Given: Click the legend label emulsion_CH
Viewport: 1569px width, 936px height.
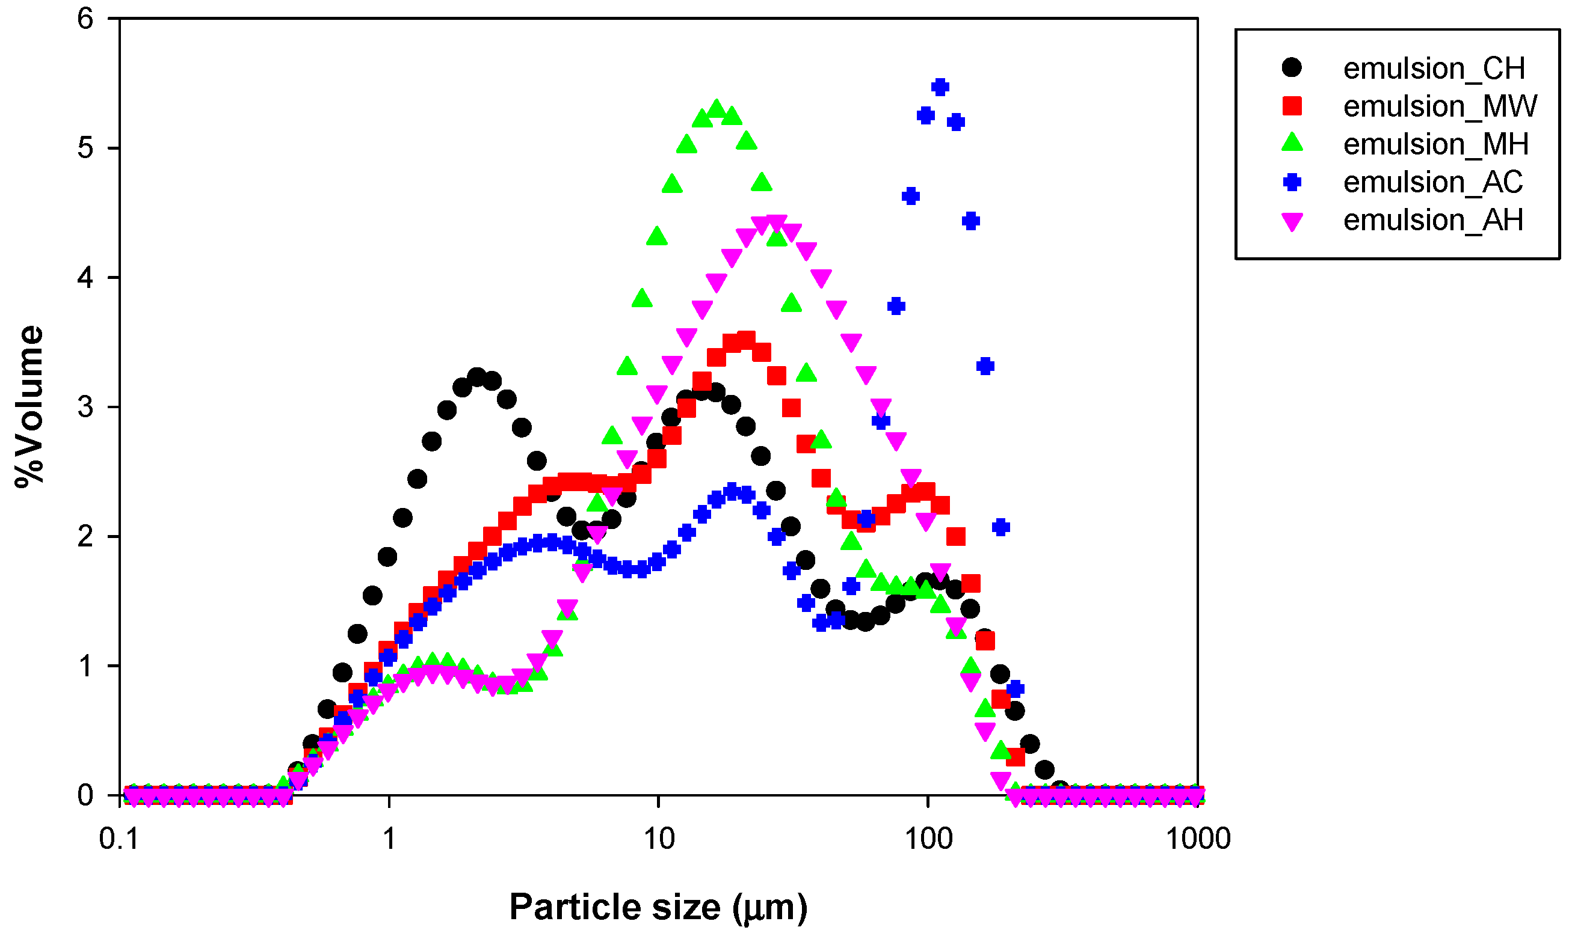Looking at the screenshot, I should pos(1433,68).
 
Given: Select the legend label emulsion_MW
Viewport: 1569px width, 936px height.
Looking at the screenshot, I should pos(1440,106).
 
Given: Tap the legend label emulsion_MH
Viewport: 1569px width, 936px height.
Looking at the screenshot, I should pos(1435,144).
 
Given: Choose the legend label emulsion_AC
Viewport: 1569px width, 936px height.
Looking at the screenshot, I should pos(1432,182).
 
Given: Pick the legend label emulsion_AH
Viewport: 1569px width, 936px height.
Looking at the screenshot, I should pos(1432,219).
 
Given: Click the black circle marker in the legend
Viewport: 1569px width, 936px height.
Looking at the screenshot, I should pos(1291,67).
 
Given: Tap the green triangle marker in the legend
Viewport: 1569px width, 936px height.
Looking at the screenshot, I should pos(1292,142).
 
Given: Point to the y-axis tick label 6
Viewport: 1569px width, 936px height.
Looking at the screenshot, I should pos(85,19).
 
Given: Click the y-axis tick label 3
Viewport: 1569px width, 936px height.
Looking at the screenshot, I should pos(85,408).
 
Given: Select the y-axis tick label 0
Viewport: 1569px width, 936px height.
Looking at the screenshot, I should pos(85,795).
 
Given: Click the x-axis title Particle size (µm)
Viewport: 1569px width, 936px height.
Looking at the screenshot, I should pos(658,908).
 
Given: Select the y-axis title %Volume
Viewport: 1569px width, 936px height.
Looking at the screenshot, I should pos(29,407).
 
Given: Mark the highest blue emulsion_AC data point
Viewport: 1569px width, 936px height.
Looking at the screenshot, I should pos(940,87).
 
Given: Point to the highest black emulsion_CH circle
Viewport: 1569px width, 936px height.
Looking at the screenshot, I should pos(477,378).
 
